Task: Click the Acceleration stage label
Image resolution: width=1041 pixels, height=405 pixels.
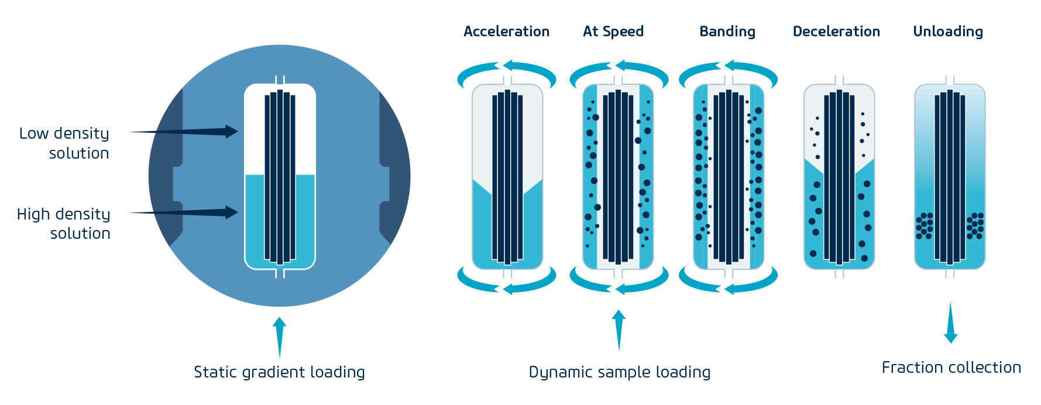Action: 506,32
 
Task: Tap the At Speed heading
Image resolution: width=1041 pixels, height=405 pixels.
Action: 613,32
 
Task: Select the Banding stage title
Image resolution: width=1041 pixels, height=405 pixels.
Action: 727,32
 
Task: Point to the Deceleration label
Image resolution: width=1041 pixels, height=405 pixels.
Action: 836,32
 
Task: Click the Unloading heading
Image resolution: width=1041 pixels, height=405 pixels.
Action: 948,32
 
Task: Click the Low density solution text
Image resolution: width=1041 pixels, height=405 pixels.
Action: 64,143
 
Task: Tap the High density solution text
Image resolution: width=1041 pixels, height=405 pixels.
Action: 64,223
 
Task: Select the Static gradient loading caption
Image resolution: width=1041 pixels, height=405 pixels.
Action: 279,372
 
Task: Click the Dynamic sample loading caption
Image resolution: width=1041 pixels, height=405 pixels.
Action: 620,372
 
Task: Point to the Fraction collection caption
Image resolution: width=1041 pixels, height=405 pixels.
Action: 951,368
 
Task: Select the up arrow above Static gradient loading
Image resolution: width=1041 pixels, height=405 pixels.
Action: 280,337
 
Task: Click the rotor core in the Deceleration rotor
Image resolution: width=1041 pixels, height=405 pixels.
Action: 839,177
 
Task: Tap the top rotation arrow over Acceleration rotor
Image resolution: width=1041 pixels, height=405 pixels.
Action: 507,71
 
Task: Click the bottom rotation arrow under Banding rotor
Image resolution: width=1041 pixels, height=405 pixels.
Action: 728,282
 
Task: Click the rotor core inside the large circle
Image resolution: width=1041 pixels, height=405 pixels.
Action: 280,177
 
